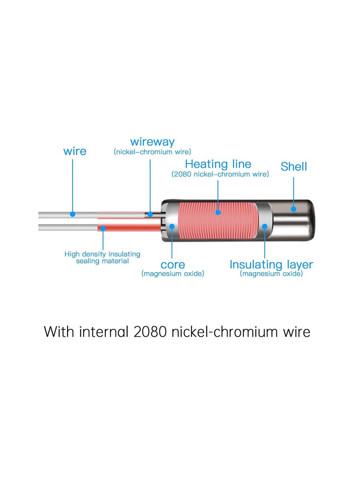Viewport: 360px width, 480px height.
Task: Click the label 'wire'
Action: pyautogui.click(x=75, y=151)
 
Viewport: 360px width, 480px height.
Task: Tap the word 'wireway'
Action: pyautogui.click(x=152, y=142)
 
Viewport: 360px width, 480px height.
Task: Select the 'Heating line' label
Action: pyautogui.click(x=218, y=164)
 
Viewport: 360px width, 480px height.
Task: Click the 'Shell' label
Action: pyautogui.click(x=293, y=167)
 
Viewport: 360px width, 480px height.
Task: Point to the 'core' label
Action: pyautogui.click(x=172, y=265)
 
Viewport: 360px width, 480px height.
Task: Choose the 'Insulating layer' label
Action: pyautogui.click(x=271, y=265)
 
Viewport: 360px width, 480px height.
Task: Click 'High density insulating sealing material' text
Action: pyautogui.click(x=102, y=257)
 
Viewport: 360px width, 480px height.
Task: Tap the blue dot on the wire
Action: pyautogui.click(x=72, y=214)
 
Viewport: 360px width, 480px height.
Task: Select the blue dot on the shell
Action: pyautogui.click(x=293, y=209)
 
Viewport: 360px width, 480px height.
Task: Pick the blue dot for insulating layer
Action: pyautogui.click(x=265, y=226)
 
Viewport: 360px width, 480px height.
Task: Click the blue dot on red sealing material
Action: pyautogui.click(x=103, y=228)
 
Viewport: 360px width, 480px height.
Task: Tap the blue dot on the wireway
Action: pyautogui.click(x=150, y=215)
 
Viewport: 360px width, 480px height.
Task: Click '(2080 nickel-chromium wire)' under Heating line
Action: pyautogui.click(x=220, y=175)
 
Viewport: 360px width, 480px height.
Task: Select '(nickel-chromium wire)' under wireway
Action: pyautogui.click(x=152, y=152)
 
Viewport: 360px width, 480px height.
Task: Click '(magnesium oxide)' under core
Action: pyautogui.click(x=172, y=274)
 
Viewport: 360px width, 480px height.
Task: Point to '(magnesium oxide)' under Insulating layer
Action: pyautogui.click(x=271, y=274)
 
